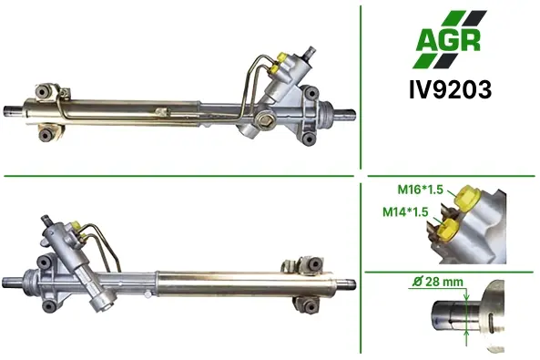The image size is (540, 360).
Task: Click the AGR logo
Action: (450, 39)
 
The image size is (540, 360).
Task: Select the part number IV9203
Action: (450, 90)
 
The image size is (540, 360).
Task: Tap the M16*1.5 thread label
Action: (420, 190)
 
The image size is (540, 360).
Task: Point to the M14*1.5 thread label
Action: (405, 211)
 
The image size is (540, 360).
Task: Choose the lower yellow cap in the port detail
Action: (448, 230)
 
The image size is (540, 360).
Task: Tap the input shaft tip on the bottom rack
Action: (46, 220)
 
